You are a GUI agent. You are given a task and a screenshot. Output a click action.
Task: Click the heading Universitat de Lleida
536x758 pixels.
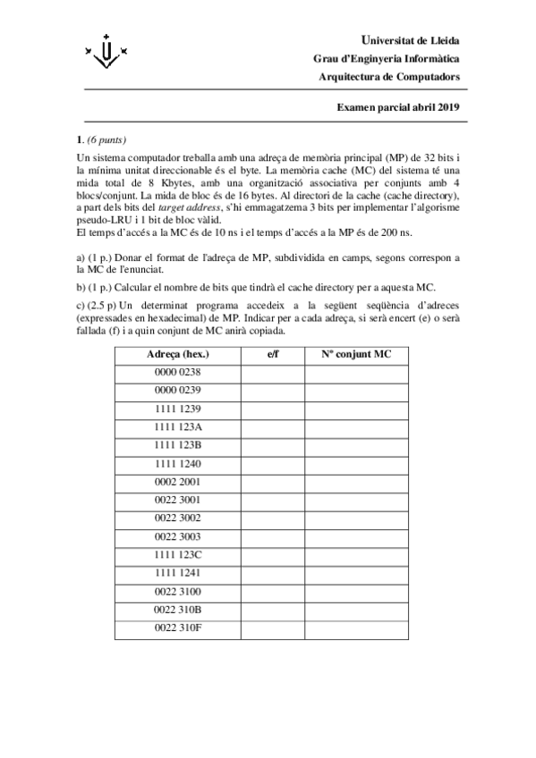pos(409,40)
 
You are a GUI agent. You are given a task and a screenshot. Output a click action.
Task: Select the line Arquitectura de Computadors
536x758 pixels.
pos(390,77)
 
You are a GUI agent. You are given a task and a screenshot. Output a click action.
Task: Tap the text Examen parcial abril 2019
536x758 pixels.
pos(397,107)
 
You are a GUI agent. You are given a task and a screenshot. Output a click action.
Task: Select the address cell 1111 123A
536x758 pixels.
pos(177,426)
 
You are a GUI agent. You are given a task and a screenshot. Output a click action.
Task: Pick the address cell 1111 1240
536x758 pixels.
pos(177,464)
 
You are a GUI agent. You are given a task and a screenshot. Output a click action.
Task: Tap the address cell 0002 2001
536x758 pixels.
pos(177,482)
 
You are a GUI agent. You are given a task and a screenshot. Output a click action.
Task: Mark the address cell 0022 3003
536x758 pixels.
pos(177,536)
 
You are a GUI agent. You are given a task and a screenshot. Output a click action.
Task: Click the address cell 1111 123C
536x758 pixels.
pos(177,554)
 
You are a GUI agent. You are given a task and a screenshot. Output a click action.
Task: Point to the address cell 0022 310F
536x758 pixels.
pos(177,627)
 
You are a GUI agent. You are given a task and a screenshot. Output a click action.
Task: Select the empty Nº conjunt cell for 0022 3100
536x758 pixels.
pos(357,591)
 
